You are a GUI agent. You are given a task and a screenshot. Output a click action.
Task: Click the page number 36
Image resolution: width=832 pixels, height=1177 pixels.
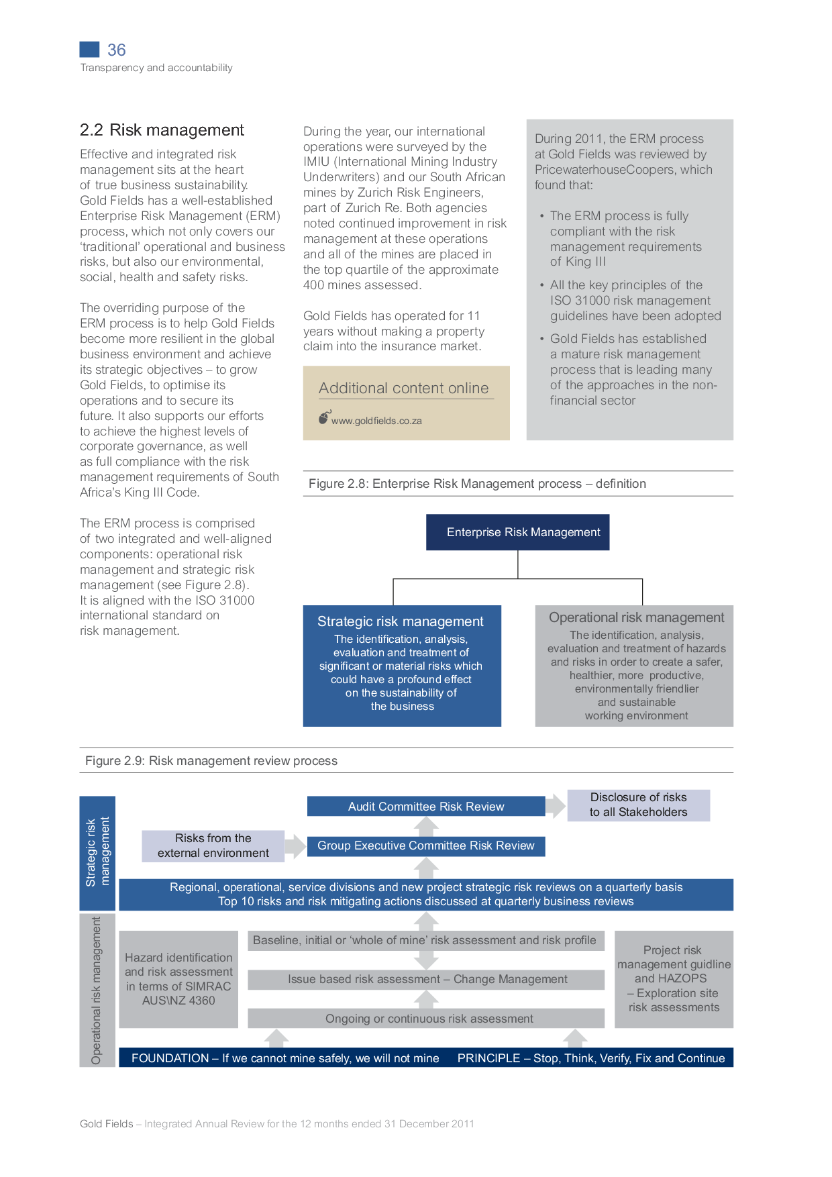tap(116, 50)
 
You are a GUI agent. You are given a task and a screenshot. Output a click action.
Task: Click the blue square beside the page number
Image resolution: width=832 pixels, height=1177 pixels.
tap(89, 49)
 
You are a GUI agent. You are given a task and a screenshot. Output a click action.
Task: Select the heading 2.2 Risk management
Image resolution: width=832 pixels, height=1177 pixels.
tap(162, 130)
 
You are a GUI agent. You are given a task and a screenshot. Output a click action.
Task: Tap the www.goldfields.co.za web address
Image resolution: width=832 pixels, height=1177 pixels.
tap(376, 421)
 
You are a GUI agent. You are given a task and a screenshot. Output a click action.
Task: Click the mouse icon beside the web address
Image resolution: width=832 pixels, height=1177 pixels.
tap(324, 418)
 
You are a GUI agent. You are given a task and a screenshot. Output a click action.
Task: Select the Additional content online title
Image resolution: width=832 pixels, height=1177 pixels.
tap(403, 388)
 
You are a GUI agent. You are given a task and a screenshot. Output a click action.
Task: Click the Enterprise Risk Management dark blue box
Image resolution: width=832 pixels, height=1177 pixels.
tap(517, 532)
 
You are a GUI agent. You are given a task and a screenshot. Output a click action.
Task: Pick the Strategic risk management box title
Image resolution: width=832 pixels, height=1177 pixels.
tap(400, 621)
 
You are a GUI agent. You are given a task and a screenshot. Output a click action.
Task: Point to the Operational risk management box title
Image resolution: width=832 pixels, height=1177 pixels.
tap(636, 617)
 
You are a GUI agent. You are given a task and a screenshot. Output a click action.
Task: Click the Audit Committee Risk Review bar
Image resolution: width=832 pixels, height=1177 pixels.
tap(425, 807)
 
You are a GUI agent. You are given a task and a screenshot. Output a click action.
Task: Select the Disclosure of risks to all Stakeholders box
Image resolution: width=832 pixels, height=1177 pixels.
tap(638, 805)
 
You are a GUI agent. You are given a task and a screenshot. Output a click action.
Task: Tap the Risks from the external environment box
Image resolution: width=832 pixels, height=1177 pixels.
tap(213, 846)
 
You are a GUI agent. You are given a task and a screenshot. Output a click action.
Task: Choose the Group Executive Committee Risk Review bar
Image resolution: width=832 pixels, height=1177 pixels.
tap(425, 846)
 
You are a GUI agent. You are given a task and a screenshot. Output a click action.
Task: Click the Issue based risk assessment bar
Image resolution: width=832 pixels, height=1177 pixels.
tap(427, 979)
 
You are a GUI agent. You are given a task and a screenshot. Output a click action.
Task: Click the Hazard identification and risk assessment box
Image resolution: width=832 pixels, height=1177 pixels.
tap(178, 979)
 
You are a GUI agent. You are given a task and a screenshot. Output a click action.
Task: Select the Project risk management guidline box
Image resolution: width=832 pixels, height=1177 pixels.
tap(674, 979)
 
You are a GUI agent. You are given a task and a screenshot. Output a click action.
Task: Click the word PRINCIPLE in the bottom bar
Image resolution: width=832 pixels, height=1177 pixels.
tap(488, 1058)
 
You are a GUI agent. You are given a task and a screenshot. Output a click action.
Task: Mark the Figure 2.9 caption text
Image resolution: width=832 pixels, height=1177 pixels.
tap(211, 761)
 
